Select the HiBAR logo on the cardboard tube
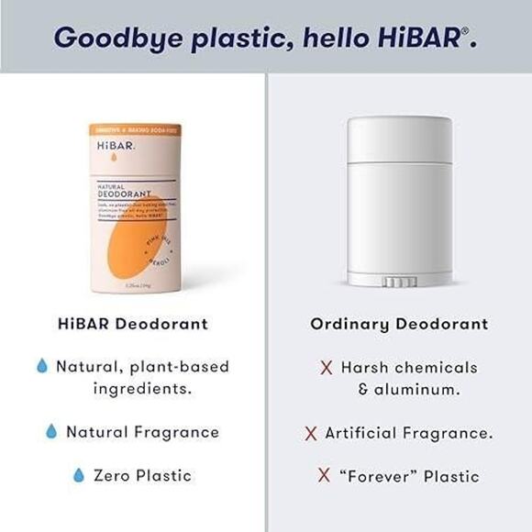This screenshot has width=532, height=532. (116, 147)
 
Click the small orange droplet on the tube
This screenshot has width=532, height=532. (114, 161)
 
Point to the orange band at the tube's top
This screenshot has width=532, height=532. (135, 130)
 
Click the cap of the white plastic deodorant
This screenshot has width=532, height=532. (399, 139)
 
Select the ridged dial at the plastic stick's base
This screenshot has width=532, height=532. (399, 282)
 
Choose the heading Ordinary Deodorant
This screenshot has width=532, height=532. (399, 324)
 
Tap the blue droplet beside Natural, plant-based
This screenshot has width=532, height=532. (41, 366)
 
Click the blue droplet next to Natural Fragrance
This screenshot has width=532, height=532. (51, 431)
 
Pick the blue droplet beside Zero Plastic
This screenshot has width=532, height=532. (79, 475)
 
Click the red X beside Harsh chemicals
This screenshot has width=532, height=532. (326, 368)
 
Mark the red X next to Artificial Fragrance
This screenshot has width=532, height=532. (311, 433)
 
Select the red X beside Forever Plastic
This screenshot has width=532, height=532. (324, 476)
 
